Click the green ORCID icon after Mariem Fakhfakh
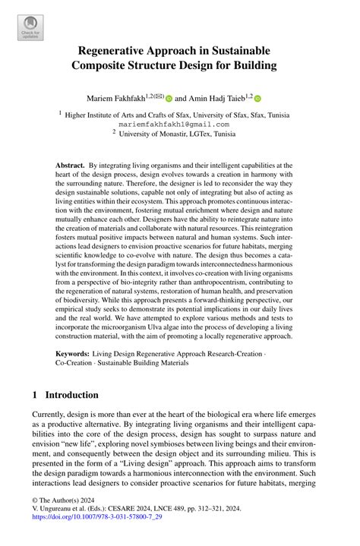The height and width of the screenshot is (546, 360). click(169, 99)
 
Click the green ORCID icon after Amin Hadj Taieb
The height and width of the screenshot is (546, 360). click(257, 99)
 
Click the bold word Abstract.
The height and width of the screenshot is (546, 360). click(71, 164)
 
